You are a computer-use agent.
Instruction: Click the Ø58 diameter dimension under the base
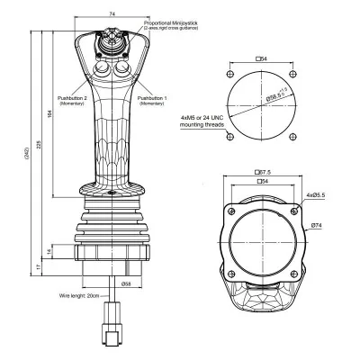click(x=125, y=283)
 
